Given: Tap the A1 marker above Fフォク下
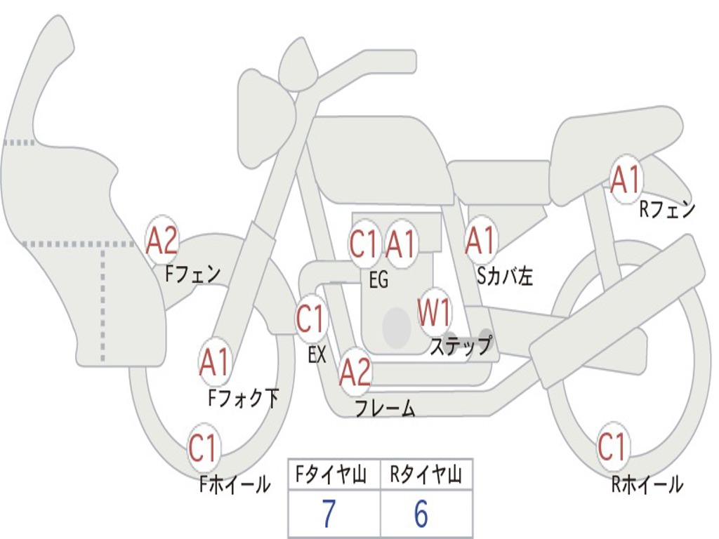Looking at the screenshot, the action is pyautogui.click(x=214, y=363).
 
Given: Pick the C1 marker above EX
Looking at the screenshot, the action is pyautogui.click(x=311, y=319).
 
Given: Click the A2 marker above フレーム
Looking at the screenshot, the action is pyautogui.click(x=355, y=372).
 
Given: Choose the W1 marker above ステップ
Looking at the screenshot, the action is pyautogui.click(x=435, y=313).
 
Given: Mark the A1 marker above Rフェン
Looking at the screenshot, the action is pyautogui.click(x=625, y=180).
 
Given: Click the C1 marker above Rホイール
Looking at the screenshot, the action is pyautogui.click(x=612, y=446).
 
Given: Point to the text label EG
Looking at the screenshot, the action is pyautogui.click(x=378, y=280).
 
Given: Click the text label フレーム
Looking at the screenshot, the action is pyautogui.click(x=385, y=408).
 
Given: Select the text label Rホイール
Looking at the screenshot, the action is pyautogui.click(x=647, y=484).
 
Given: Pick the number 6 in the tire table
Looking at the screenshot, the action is pyautogui.click(x=421, y=515).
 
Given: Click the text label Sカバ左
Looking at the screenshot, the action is pyautogui.click(x=505, y=277).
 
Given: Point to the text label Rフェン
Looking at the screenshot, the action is pyautogui.click(x=666, y=209).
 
